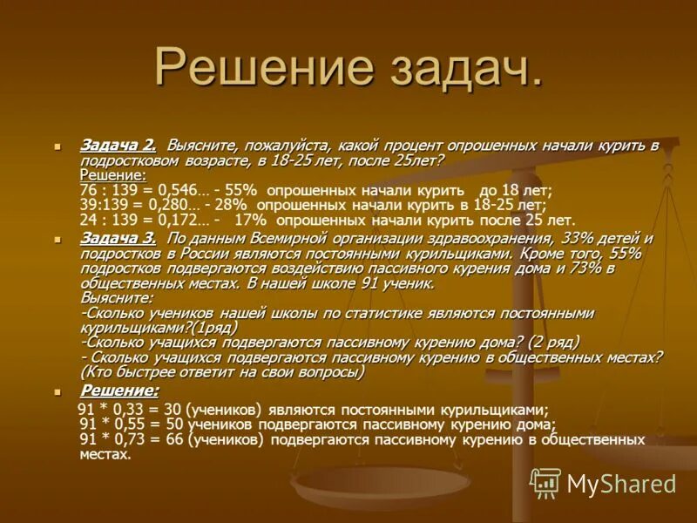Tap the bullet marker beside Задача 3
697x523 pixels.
coord(58,239)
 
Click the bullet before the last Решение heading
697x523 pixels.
coord(58,391)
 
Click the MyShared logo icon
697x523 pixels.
coord(545,482)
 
